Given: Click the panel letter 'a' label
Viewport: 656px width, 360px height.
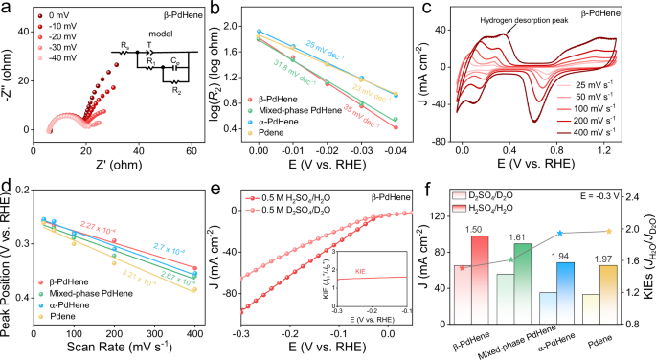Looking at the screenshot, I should coord(7,9).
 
